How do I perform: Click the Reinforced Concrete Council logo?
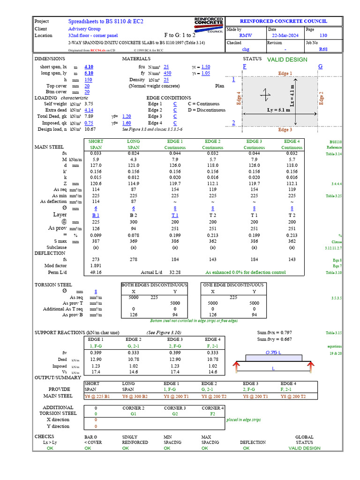(x=209, y=25)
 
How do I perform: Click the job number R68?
(x=323, y=49)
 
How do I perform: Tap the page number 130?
(x=323, y=35)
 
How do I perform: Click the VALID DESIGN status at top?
(x=287, y=60)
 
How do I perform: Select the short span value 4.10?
(x=89, y=67)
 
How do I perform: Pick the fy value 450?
(x=167, y=74)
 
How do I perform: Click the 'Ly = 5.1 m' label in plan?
(x=277, y=110)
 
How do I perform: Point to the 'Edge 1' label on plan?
(x=285, y=74)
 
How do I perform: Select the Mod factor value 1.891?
(x=96, y=265)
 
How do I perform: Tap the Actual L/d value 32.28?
(x=175, y=272)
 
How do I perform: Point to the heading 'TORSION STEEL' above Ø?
(x=53, y=285)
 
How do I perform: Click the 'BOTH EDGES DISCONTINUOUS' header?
(x=154, y=285)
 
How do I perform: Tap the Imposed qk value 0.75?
(x=89, y=123)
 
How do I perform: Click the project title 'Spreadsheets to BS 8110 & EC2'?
(x=106, y=22)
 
